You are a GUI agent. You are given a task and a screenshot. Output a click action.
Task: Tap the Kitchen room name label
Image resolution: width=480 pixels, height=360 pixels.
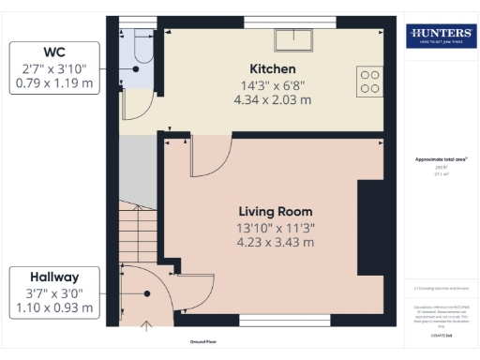coord(273,69)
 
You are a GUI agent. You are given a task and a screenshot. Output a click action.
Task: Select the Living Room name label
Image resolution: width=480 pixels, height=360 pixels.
coord(275,211)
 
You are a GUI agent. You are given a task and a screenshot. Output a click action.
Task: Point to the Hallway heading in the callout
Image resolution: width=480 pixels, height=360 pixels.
coord(53,277)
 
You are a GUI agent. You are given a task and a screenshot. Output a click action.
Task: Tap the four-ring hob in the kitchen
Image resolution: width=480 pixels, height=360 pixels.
coord(369,81)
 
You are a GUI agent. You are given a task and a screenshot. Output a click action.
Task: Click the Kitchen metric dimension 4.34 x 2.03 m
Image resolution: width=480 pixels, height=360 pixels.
coord(274,99)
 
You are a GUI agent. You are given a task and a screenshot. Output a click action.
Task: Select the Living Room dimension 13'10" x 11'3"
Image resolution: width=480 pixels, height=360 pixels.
coord(275,228)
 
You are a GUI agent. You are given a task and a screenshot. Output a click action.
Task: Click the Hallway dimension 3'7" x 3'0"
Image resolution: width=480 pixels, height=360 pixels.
coord(53,292)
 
